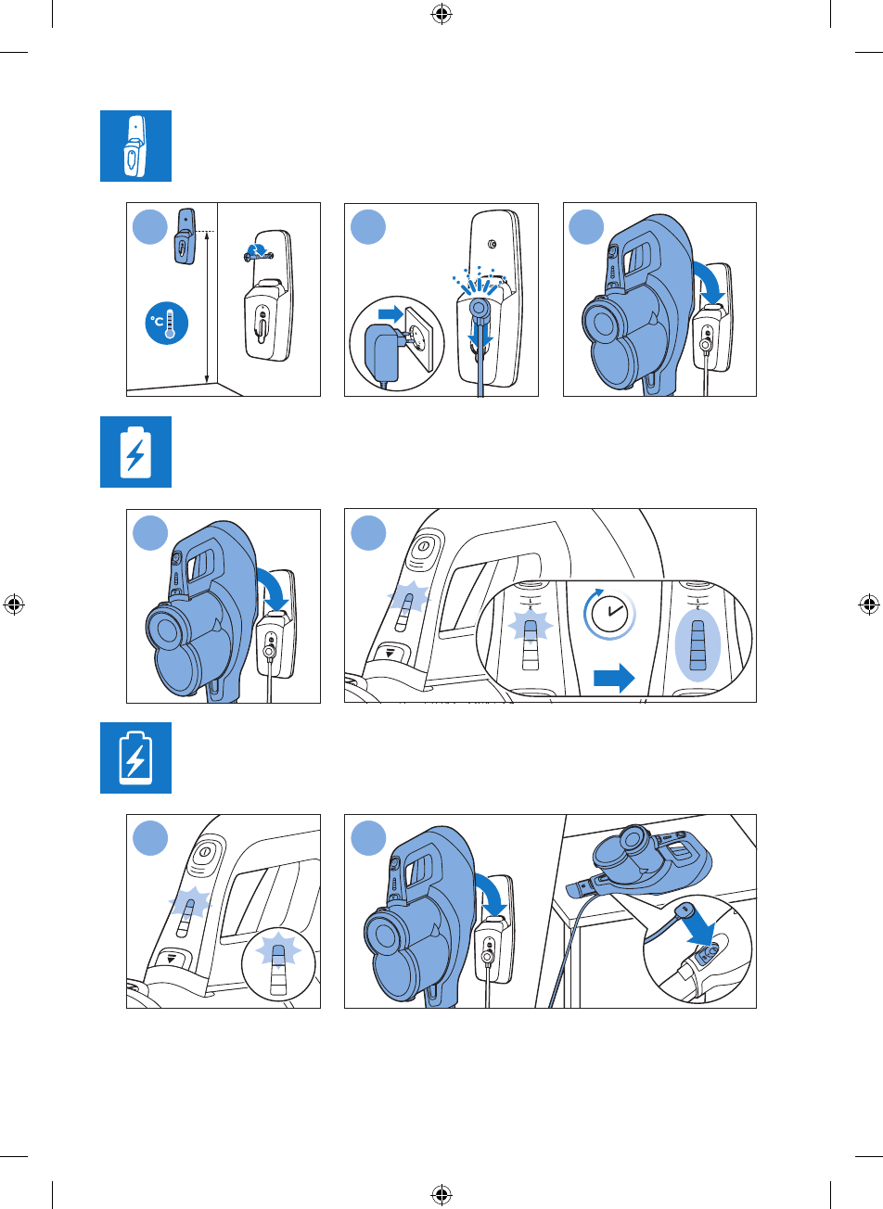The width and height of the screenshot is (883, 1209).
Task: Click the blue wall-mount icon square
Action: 135,146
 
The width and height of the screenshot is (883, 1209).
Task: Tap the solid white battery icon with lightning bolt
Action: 135,452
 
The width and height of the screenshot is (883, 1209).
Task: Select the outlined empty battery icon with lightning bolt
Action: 135,757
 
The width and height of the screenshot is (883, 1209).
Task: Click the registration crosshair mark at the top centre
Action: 441,14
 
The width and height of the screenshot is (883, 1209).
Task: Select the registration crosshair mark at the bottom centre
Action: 441,1194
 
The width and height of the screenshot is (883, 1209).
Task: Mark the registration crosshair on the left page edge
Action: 14,604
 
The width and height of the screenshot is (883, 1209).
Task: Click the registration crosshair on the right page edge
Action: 869,604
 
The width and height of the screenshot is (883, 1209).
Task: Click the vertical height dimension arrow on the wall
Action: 206,308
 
